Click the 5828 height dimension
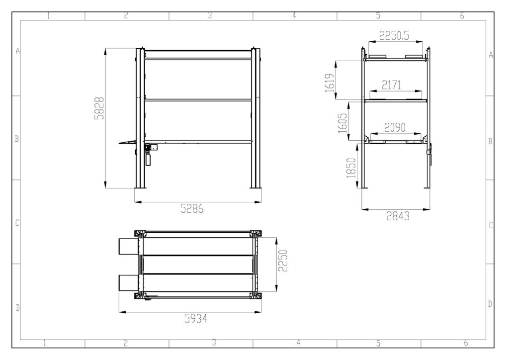point(99,108)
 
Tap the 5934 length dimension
point(195,318)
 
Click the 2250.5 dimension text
point(394,36)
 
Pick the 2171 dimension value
point(391,85)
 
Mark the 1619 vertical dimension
point(329,80)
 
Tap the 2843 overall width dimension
point(397,216)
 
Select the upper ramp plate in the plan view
point(128,246)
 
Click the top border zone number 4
point(294,16)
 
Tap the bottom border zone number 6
point(466,343)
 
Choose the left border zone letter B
point(17,139)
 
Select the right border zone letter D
point(490,304)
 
